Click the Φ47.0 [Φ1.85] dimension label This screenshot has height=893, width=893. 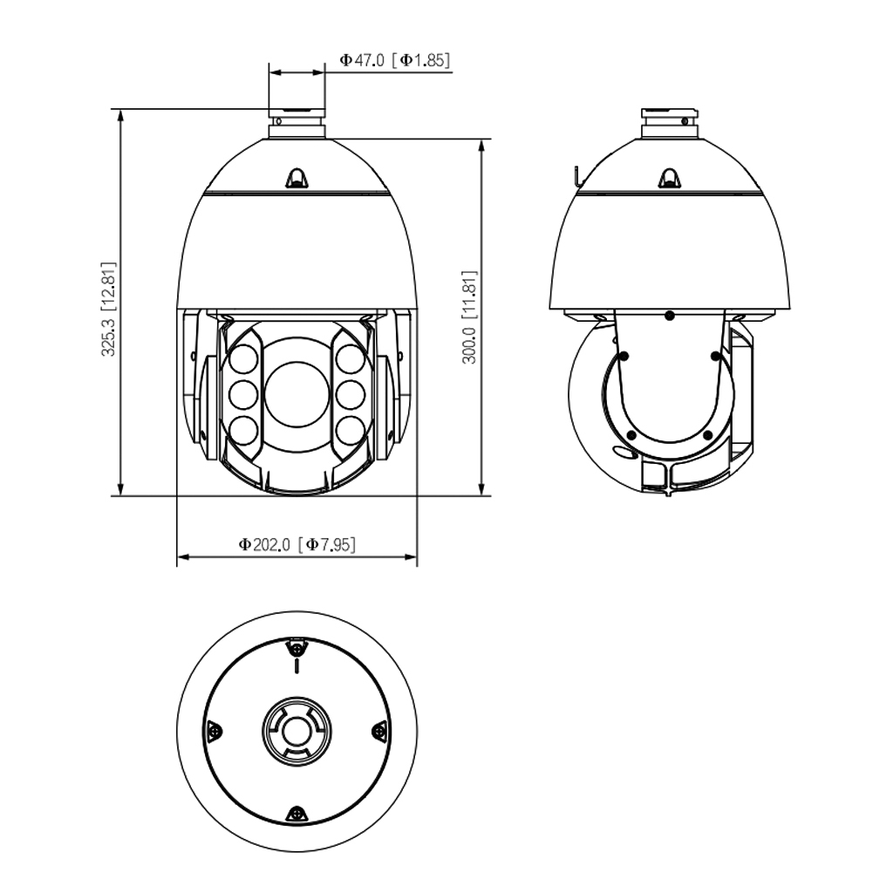tap(395, 60)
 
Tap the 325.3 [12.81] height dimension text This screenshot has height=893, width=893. tap(108, 310)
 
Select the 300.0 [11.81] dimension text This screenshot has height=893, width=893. tap(468, 317)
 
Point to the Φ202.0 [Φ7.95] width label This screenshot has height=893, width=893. tap(297, 544)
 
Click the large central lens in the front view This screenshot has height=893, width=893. tap(297, 393)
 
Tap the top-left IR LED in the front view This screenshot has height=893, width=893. tap(244, 360)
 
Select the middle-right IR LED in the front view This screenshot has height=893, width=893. tap(350, 393)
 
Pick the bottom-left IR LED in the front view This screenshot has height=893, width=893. tap(244, 430)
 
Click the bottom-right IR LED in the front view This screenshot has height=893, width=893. tap(350, 430)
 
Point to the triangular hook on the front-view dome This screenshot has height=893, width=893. tap(297, 178)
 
